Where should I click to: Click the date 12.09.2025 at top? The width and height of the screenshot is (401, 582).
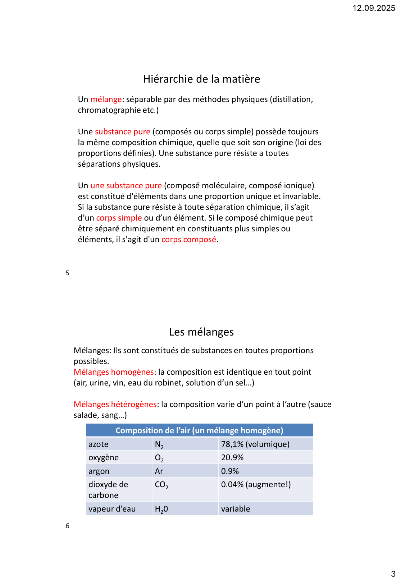point(374,8)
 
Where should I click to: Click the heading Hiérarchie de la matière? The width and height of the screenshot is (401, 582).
point(201,79)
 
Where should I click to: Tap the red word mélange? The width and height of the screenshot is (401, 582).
point(106,100)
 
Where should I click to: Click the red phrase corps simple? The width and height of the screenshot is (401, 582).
point(119,218)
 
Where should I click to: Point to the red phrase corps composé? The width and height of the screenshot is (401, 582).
point(189,240)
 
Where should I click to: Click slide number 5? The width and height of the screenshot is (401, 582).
point(68,273)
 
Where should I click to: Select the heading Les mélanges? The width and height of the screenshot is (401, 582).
point(201,332)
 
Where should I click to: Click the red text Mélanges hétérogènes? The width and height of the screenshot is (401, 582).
point(115,405)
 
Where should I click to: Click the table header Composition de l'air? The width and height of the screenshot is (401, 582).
point(199,430)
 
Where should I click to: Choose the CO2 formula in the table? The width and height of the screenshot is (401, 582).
point(161,485)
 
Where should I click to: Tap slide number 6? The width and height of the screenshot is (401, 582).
point(68,526)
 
